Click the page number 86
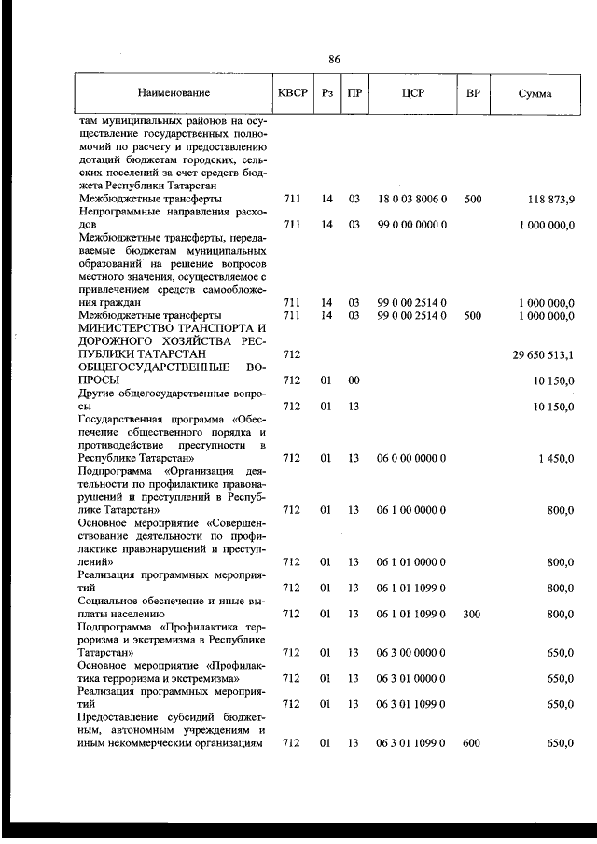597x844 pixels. click(335, 60)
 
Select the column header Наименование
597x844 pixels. click(174, 93)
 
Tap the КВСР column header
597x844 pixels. click(293, 93)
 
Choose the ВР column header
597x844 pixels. click(473, 93)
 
